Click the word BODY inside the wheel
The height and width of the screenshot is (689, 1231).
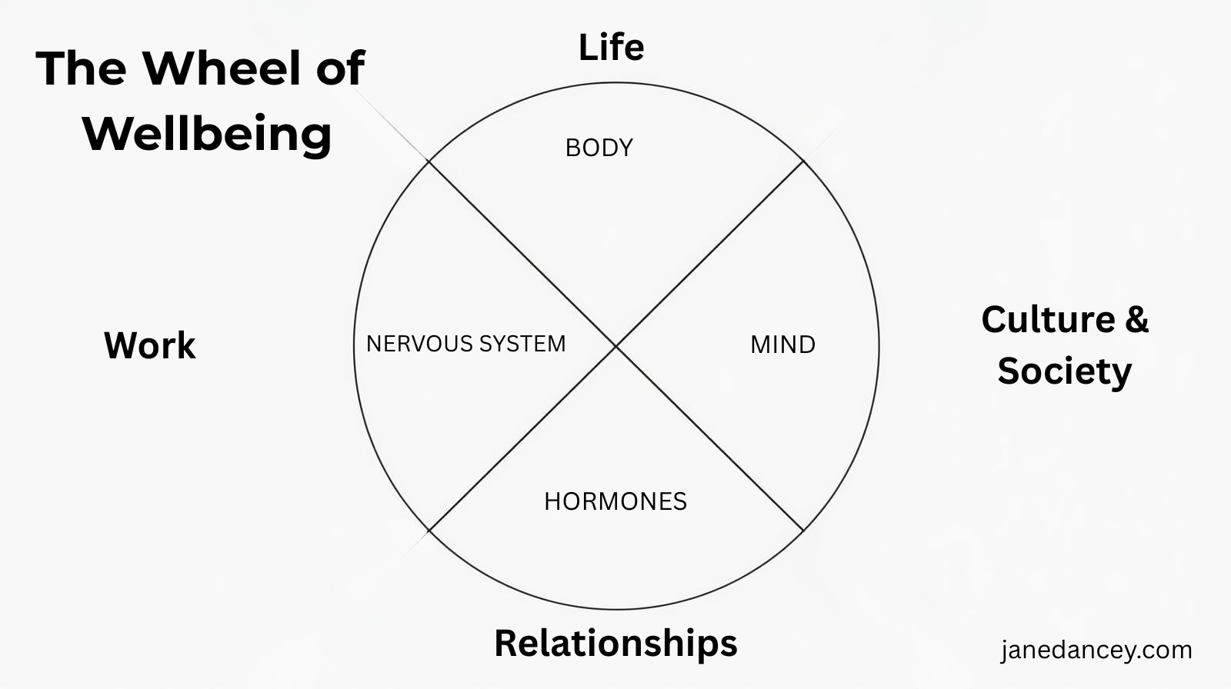[x=599, y=148]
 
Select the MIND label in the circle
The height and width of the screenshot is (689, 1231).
[x=782, y=344]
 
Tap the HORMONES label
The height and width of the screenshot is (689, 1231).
[x=615, y=501]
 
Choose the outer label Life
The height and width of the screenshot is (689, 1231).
[x=611, y=48]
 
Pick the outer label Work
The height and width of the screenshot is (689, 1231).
[x=149, y=345]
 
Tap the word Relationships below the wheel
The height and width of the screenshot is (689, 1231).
[x=615, y=643]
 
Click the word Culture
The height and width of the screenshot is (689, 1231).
[x=1048, y=320]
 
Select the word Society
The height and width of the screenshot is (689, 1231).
[x=1065, y=371]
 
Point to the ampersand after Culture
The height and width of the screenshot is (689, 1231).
[x=1136, y=319]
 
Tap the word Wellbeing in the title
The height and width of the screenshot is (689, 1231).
[x=207, y=135]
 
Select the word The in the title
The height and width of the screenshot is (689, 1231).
[x=82, y=68]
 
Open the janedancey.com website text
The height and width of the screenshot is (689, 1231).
[x=1096, y=651]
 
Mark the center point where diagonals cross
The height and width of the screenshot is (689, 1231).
[x=616, y=347]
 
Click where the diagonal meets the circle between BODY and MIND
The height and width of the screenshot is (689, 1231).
[x=803, y=161]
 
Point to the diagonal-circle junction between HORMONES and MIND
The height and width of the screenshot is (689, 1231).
[x=803, y=531]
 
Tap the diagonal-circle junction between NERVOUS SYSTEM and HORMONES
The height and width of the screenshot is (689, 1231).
[x=429, y=531]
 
